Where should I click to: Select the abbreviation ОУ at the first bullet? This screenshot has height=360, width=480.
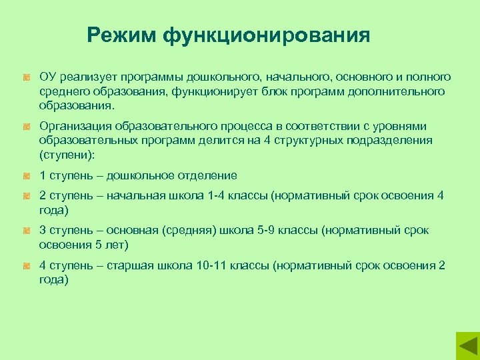48,77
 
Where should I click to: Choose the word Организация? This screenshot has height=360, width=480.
75,126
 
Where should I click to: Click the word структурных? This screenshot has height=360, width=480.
313,141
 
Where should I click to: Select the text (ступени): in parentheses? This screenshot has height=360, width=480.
67,155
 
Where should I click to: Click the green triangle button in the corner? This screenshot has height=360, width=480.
467,347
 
